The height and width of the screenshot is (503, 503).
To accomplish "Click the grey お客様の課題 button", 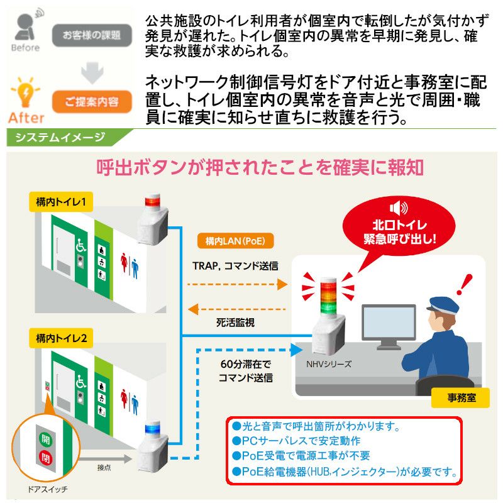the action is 92,35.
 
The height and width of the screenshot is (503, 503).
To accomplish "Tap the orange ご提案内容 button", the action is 92,102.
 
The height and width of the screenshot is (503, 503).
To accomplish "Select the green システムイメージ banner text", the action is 60,137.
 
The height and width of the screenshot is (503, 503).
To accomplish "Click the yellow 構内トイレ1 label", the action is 61,202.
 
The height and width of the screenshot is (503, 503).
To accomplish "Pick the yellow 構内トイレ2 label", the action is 61,338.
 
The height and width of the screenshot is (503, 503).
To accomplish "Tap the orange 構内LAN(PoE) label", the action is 235,241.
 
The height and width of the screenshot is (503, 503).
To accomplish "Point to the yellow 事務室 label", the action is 461,398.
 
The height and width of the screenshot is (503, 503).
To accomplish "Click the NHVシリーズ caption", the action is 329,364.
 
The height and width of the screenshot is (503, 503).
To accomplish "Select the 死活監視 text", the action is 235,323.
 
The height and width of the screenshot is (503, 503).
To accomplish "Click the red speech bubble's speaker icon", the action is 399,208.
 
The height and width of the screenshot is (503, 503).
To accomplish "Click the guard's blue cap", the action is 444,305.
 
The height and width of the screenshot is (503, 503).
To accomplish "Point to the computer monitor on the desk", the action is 389,326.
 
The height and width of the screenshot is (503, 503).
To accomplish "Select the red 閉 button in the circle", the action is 45,458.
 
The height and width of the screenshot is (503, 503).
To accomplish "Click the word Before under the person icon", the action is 25,48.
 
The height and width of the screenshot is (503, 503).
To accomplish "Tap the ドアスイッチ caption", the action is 48,489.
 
